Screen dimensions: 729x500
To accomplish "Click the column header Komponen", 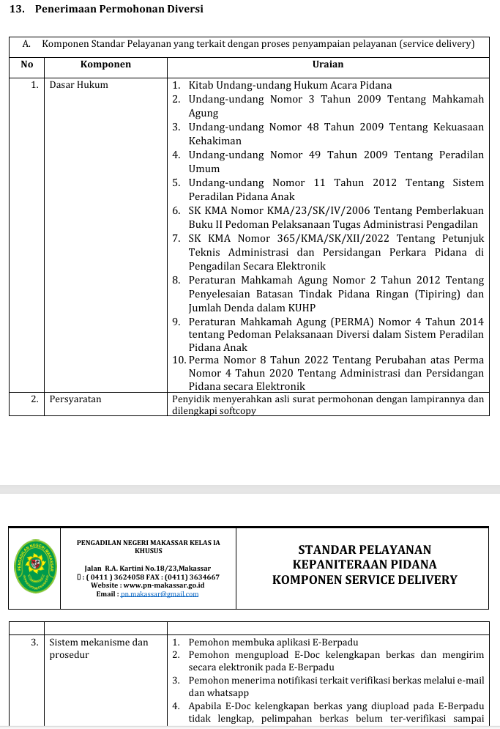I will point(105,64).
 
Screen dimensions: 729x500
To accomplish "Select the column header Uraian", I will point(327,64).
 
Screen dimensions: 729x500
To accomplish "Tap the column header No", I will point(27,64).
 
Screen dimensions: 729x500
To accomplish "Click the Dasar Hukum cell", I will point(78,85).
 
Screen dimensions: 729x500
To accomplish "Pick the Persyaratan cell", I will point(75,399).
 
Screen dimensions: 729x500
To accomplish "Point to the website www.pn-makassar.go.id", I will point(163,585).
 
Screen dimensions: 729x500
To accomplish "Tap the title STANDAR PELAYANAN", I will point(365,549).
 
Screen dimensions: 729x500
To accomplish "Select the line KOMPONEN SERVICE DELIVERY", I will point(365,580).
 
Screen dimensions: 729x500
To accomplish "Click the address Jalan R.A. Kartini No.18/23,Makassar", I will point(147,569).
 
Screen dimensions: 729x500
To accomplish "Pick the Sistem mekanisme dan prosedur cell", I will point(98,648).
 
